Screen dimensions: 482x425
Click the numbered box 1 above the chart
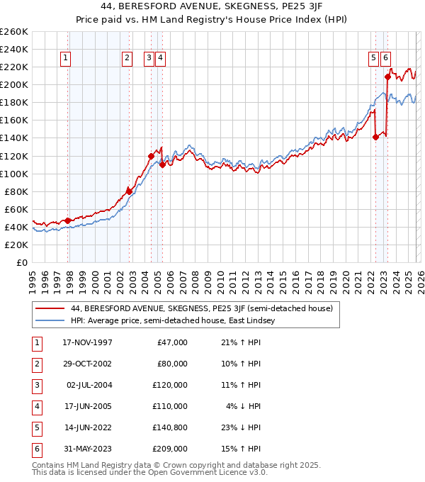coord(66,59)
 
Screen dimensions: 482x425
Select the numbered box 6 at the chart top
coord(385,59)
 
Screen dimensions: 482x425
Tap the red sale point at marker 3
coord(151,156)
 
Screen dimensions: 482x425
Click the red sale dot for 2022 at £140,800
coord(375,138)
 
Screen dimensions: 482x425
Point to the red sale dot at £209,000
coord(387,77)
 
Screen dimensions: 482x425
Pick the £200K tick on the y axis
coord(15,84)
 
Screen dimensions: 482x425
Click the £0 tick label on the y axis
coord(22,262)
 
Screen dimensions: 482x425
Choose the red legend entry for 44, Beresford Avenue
coord(206,308)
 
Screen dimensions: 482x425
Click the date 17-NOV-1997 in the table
coord(87,342)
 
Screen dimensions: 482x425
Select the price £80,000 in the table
coord(171,364)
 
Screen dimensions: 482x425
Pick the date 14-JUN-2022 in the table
coord(87,427)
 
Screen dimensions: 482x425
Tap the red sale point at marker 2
coord(129,191)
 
